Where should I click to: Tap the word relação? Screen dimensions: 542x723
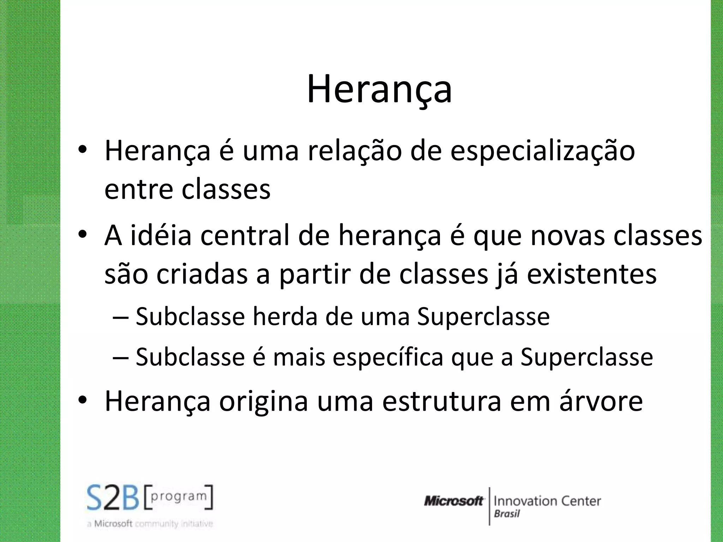pos(354,151)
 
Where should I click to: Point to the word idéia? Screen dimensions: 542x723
pos(161,236)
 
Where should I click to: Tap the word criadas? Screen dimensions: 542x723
pos(202,275)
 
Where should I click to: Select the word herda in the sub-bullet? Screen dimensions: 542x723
pos(285,317)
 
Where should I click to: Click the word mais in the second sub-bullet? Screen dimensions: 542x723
pos(299,357)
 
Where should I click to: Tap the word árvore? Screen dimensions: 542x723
pos(601,401)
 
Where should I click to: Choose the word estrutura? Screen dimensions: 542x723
pos(442,401)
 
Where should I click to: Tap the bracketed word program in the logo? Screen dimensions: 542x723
pos(179,496)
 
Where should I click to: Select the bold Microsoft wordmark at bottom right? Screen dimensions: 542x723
pos(454,501)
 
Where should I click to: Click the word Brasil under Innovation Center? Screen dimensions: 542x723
pos(507,514)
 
